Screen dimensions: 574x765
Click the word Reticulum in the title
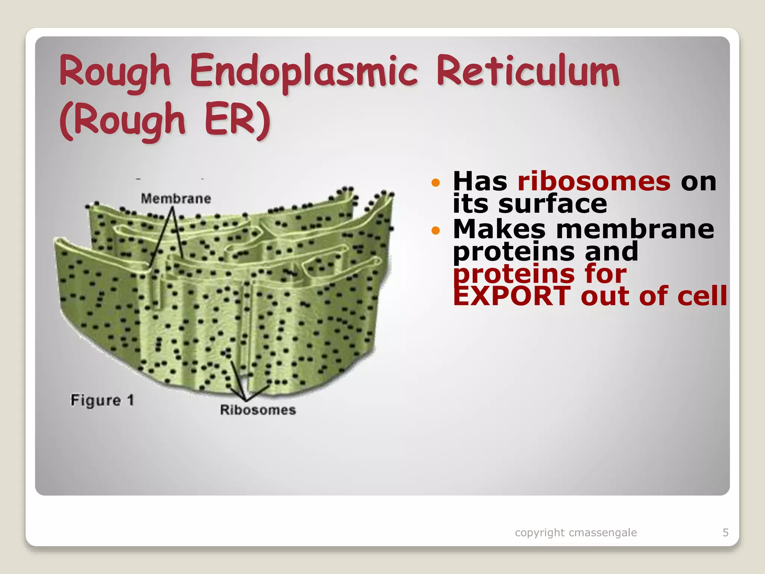(528, 71)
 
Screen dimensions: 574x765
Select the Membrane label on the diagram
(176, 198)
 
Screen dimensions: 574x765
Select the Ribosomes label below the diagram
(258, 410)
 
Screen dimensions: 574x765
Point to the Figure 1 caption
(102, 400)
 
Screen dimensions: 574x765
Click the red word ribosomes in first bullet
(594, 181)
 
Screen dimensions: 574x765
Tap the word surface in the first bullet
(552, 204)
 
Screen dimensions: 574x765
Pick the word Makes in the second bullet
(499, 229)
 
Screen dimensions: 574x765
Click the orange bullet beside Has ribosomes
(436, 183)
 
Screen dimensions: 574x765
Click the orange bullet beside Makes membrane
(436, 230)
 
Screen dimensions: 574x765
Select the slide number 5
(725, 532)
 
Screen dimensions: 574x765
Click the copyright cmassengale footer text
(576, 532)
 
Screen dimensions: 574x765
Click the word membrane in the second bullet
(635, 229)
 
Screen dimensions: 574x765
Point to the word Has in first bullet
(480, 181)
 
